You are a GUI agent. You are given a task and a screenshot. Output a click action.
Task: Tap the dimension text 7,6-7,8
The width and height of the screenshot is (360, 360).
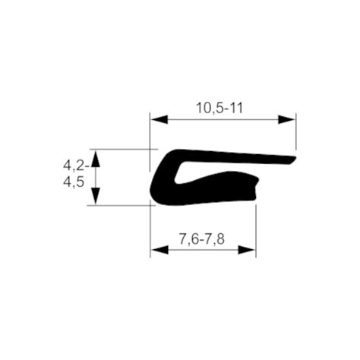coord(201,239)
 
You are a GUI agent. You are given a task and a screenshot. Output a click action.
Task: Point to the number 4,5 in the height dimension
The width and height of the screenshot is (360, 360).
coord(74,182)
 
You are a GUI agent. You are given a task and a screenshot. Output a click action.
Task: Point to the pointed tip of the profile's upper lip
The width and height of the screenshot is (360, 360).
coord(293,159)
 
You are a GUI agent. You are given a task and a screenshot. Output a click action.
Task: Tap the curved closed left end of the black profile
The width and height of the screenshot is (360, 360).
coord(155,186)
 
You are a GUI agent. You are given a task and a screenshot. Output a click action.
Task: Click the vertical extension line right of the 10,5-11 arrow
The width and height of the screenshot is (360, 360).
coord(295,133)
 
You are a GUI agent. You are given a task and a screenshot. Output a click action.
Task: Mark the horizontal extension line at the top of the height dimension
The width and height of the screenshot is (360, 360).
coord(122,149)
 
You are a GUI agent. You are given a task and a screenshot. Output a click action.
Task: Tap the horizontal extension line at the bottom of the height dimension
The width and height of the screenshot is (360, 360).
coord(122,205)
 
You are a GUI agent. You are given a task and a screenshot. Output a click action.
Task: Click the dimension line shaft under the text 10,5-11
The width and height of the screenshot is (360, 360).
coord(220,120)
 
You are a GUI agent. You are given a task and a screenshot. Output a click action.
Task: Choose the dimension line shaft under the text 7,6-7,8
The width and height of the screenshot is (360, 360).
coord(202,249)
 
